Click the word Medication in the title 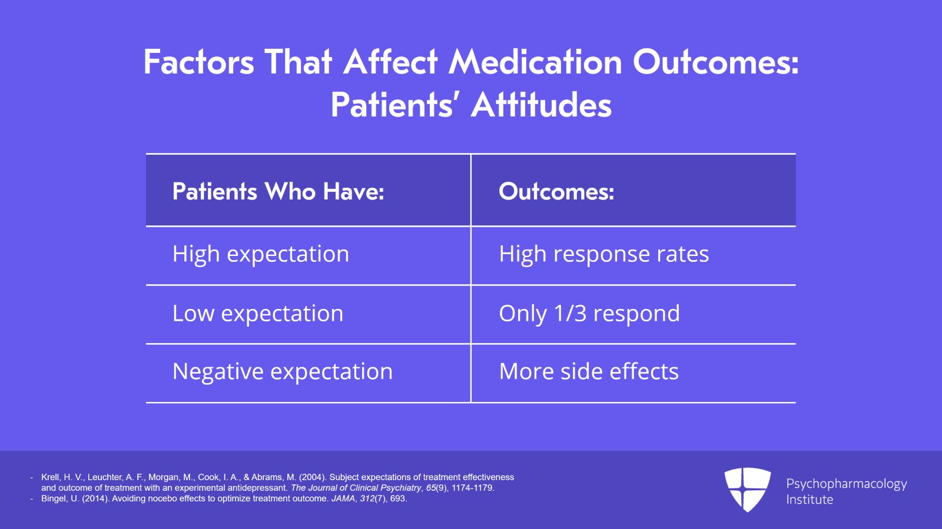(x=535, y=62)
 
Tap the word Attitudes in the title (x=541, y=105)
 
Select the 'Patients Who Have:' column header (x=278, y=192)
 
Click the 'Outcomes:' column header (x=556, y=192)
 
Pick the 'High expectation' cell (x=261, y=254)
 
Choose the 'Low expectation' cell (x=258, y=314)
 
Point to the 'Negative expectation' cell (x=283, y=372)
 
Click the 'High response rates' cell (x=603, y=254)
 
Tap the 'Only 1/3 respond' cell (x=589, y=314)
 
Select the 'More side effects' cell (x=589, y=372)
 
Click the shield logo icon (x=747, y=489)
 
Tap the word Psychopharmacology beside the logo (x=846, y=484)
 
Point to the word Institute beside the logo (x=810, y=500)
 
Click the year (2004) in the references (x=313, y=477)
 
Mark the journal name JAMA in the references (x=343, y=498)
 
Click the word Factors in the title (x=199, y=62)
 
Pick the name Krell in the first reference (x=51, y=477)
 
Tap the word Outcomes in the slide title (x=715, y=62)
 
